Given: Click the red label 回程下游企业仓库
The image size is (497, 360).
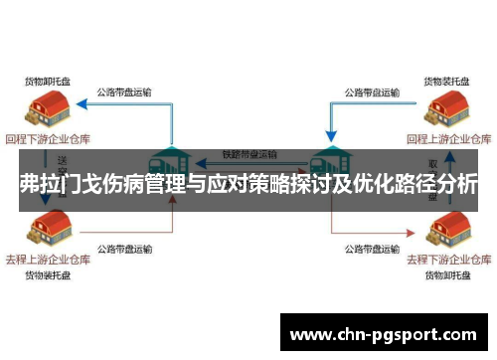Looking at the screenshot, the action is (49, 138).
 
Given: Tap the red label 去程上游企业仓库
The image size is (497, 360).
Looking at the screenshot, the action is (49, 259).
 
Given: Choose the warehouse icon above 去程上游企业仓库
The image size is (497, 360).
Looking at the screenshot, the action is (50, 230).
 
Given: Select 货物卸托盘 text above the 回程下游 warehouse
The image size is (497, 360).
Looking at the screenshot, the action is (48, 80).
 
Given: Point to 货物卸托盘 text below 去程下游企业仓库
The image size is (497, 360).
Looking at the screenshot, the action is (447, 274).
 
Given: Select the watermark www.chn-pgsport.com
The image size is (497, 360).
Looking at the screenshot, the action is (382, 333).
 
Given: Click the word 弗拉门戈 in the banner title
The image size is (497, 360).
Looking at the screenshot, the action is (61, 185).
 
